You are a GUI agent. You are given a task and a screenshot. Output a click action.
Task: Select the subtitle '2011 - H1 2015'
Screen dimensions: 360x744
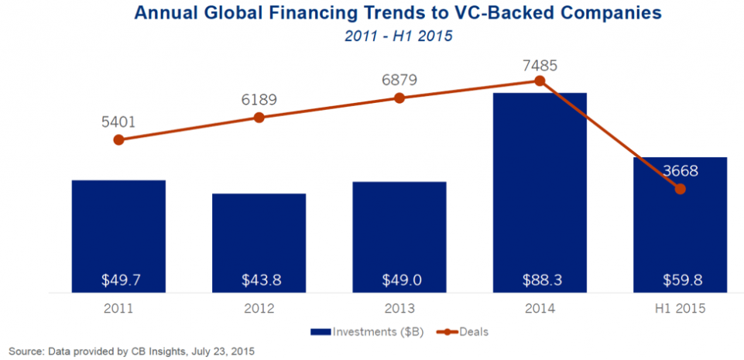point(372,36)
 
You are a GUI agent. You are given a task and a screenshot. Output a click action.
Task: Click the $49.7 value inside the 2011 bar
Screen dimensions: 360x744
point(118,276)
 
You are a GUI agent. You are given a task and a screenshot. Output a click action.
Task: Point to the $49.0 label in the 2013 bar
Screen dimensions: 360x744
point(399,276)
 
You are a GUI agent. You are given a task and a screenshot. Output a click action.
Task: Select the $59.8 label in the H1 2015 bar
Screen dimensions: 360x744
point(680,276)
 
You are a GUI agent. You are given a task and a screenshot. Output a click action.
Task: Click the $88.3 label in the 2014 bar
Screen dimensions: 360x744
point(540,276)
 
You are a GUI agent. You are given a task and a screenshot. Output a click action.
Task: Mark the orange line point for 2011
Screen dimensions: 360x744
point(118,140)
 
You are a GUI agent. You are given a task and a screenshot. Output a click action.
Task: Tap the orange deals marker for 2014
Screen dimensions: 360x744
point(540,81)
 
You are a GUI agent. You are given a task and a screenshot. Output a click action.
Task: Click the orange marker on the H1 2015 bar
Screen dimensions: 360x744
point(681,188)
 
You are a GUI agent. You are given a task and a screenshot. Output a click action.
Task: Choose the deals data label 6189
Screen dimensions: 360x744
point(259,100)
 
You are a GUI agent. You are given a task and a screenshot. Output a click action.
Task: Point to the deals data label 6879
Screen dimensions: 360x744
point(399,80)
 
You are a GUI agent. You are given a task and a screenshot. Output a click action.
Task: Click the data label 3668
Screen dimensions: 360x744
point(680,171)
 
